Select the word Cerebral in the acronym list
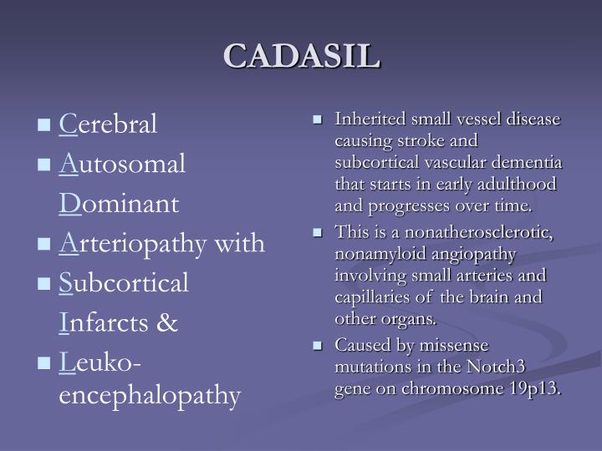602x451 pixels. click(x=109, y=125)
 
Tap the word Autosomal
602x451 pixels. click(x=122, y=165)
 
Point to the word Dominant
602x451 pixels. click(x=119, y=204)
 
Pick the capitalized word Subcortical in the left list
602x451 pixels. click(x=125, y=282)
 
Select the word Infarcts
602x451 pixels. click(x=105, y=322)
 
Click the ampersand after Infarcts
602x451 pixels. click(x=168, y=322)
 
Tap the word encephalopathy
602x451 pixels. click(x=150, y=394)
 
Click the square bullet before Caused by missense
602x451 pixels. click(x=318, y=346)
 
